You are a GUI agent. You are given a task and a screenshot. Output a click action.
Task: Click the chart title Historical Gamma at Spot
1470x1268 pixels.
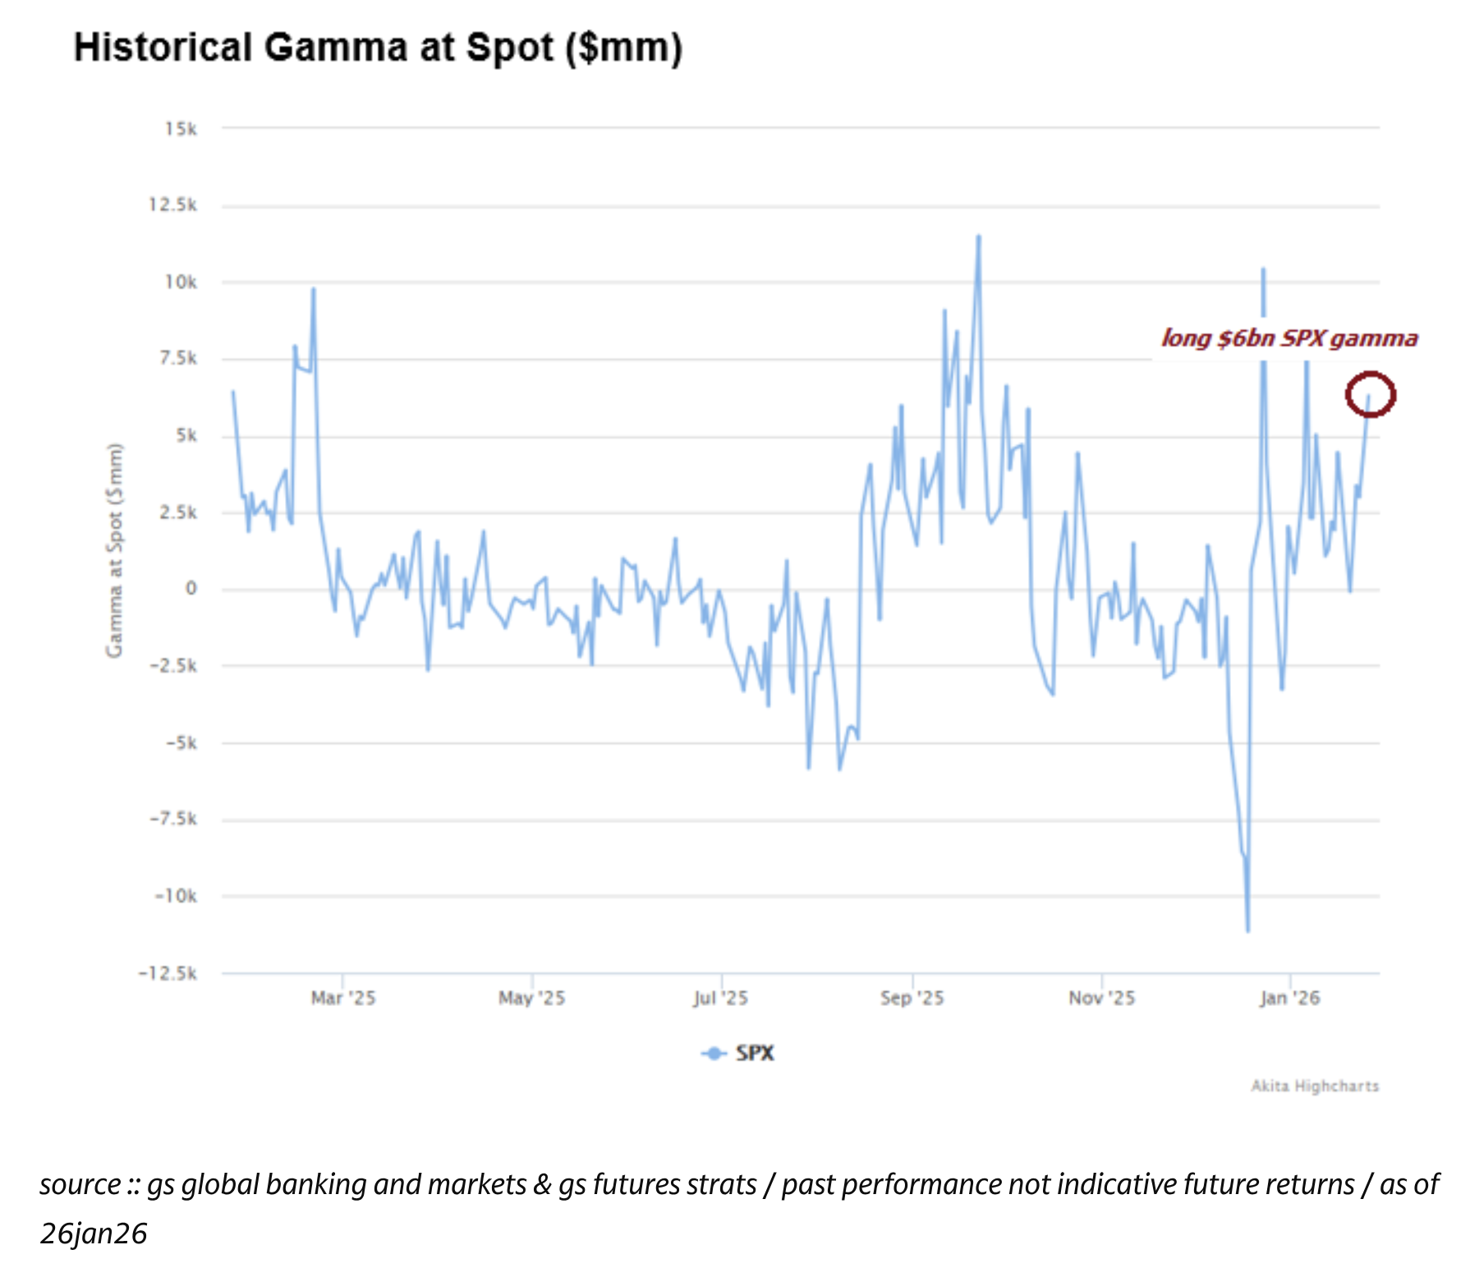(378, 48)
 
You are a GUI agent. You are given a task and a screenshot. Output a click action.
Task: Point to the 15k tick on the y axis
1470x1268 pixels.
(181, 129)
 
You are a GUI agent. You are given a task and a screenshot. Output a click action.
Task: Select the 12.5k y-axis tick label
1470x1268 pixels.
(172, 205)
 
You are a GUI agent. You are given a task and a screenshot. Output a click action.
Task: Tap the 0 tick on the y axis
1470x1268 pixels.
(191, 589)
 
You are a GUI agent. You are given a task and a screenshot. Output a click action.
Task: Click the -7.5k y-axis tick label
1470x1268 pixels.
(173, 820)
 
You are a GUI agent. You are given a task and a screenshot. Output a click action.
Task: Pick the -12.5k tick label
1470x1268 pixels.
(168, 974)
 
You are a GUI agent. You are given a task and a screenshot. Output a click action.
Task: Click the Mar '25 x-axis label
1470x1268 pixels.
(343, 999)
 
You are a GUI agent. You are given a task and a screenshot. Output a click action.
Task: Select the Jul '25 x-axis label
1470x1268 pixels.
(720, 999)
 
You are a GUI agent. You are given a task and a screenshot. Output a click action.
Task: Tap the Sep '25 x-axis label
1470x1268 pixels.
(912, 999)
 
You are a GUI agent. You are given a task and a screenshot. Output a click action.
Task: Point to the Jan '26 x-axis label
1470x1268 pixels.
(1289, 999)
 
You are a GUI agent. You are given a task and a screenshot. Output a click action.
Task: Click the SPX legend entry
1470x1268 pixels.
(739, 1054)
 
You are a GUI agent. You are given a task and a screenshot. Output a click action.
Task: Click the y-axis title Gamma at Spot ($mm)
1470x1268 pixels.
(114, 550)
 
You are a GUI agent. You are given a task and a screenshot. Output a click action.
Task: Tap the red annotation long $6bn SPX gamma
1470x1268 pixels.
(1289, 338)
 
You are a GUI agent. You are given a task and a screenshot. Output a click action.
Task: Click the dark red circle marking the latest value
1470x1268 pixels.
(1370, 394)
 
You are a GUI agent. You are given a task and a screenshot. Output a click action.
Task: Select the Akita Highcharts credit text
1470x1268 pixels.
(1314, 1087)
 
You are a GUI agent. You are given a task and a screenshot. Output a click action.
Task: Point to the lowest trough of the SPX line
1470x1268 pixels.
(1247, 930)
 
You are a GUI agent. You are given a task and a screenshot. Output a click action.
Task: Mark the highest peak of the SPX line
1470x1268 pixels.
(978, 237)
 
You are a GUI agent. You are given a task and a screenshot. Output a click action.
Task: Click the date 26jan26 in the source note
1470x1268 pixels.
(94, 1234)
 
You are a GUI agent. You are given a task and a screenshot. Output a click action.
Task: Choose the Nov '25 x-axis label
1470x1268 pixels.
(1101, 999)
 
